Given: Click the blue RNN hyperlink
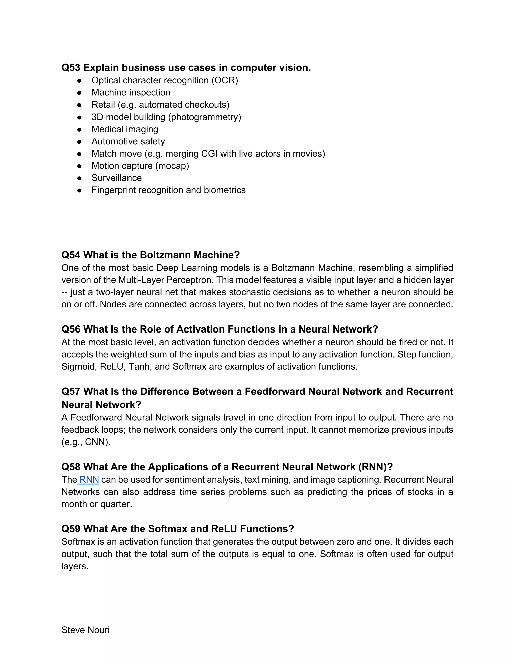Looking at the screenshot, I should pyautogui.click(x=89, y=480).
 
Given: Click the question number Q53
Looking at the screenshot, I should pyautogui.click(x=71, y=67).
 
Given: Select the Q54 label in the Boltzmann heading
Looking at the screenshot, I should pyautogui.click(x=71, y=255).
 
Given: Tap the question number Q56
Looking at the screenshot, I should pyautogui.click(x=71, y=329).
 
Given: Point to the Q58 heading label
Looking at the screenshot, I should pyautogui.click(x=71, y=467).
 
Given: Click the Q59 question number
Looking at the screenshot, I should pyautogui.click(x=71, y=529).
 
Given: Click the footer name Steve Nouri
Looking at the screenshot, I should pyautogui.click(x=85, y=630).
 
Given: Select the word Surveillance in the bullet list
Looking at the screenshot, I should pyautogui.click(x=117, y=178).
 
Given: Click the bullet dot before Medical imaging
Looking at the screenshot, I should pyautogui.click(x=79, y=130).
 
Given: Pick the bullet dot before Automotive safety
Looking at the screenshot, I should pyautogui.click(x=79, y=142).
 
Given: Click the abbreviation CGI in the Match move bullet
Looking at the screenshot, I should pyautogui.click(x=209, y=154).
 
